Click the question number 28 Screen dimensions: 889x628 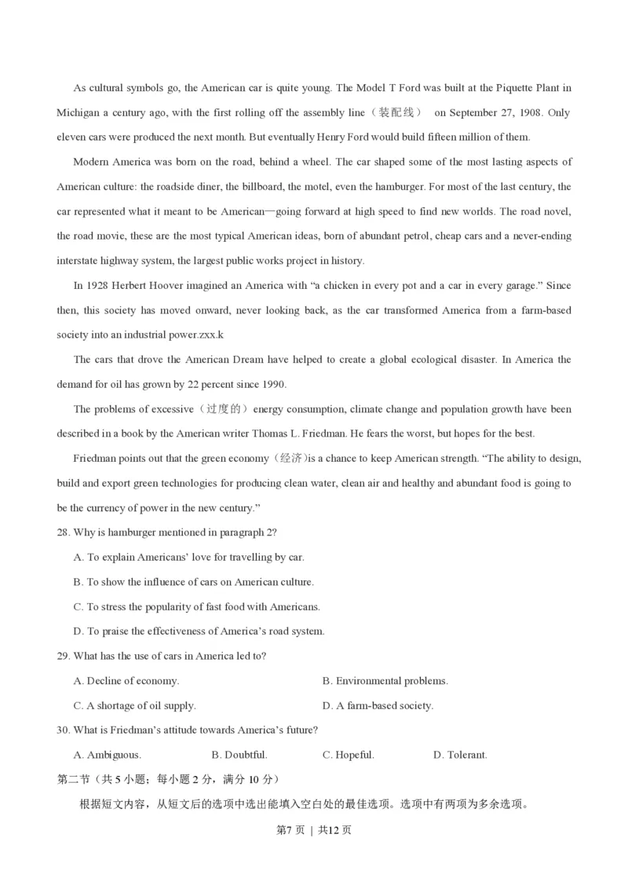(x=64, y=532)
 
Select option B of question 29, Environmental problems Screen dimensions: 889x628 (x=385, y=681)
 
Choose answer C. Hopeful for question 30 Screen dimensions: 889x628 (x=348, y=755)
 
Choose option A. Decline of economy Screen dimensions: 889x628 (x=126, y=681)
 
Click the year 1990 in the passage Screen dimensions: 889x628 (x=272, y=385)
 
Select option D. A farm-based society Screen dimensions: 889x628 (x=378, y=705)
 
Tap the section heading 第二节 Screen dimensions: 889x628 (x=73, y=779)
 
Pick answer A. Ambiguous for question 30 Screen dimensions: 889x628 (x=107, y=755)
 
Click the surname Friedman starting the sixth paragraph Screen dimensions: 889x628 (x=96, y=459)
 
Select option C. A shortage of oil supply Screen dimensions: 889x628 (x=134, y=705)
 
